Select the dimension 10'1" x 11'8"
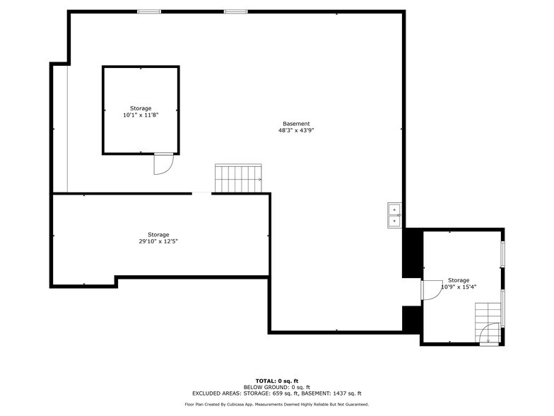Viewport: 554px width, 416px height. pos(140,115)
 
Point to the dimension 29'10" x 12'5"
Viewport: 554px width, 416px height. pos(158,241)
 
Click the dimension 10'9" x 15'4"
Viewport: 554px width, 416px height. pos(459,287)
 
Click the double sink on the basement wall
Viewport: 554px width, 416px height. pos(394,216)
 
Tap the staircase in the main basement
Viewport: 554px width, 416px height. pos(238,178)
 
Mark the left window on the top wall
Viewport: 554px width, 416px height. pos(149,11)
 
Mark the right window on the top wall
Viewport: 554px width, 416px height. pos(236,11)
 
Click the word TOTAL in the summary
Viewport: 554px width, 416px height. pos(266,381)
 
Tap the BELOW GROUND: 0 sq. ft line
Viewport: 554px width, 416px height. pos(277,387)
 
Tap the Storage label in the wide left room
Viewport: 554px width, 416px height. pos(158,235)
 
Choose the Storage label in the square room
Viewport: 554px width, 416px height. pos(140,108)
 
